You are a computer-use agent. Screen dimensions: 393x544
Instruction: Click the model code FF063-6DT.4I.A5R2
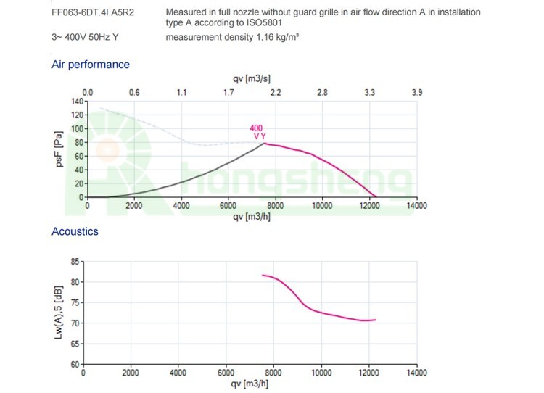(x=88, y=13)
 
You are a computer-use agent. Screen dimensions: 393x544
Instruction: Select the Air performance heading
(x=91, y=65)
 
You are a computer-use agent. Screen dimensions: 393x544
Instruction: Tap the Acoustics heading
(x=75, y=231)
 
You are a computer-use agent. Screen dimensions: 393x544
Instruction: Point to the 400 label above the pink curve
(x=257, y=128)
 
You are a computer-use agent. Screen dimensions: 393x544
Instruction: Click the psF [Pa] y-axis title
(x=60, y=149)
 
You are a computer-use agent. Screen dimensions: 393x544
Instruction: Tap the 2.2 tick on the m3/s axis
(x=276, y=93)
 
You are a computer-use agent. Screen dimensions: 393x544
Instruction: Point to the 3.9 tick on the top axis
(x=416, y=93)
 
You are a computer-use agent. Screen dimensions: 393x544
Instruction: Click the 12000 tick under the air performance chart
(x=369, y=206)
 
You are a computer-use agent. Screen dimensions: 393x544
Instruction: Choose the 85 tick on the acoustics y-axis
(x=75, y=261)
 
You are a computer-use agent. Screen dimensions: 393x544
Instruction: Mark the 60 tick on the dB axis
(x=75, y=364)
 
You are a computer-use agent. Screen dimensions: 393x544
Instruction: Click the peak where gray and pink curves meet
(x=264, y=143)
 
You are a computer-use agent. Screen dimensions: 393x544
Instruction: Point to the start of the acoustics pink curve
(x=263, y=276)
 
